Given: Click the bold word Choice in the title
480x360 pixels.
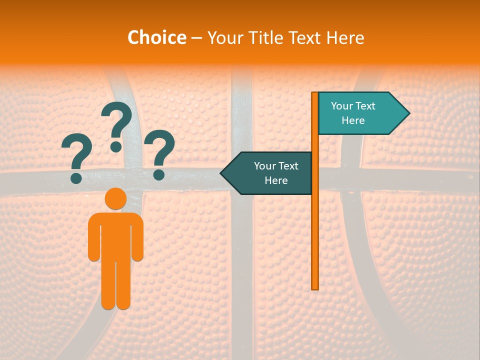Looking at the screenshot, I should (156, 37).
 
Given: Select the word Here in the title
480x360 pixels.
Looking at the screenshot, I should (345, 37).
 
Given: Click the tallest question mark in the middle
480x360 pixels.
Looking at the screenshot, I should (116, 122).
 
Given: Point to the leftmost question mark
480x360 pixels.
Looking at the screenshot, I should (76, 157).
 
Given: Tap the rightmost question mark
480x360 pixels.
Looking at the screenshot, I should (160, 152).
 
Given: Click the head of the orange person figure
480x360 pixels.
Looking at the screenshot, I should (115, 199).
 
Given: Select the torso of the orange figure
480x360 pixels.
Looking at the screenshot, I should (115, 235).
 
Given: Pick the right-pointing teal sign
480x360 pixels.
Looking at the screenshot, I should (360, 113).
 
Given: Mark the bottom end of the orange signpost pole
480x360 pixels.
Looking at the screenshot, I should (315, 287).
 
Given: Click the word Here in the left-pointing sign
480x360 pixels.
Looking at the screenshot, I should (276, 180).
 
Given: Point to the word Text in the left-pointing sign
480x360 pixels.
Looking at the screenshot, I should (288, 166).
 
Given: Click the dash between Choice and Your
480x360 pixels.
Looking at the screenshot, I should (196, 38).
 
